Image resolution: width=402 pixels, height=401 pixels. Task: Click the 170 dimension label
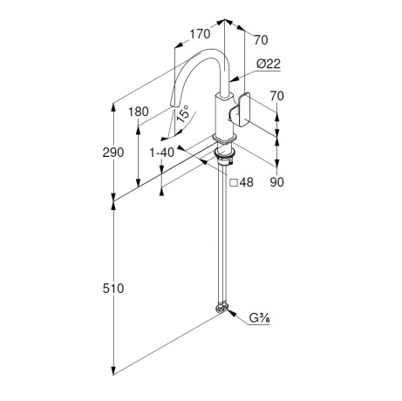click(x=200, y=34)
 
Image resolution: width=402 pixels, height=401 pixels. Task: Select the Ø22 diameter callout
click(x=269, y=64)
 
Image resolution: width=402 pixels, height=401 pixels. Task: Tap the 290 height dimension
click(x=113, y=153)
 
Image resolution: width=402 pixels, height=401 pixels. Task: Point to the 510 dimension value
click(x=113, y=289)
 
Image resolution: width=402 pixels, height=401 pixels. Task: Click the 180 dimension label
click(x=139, y=112)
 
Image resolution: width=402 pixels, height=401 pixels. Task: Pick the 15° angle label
click(x=182, y=114)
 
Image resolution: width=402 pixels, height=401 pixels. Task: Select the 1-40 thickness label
click(x=161, y=153)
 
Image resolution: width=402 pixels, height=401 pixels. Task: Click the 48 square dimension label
click(x=247, y=182)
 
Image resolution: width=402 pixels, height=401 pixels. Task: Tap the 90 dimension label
click(x=276, y=182)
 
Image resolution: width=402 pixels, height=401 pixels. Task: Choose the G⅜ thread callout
click(x=260, y=318)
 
